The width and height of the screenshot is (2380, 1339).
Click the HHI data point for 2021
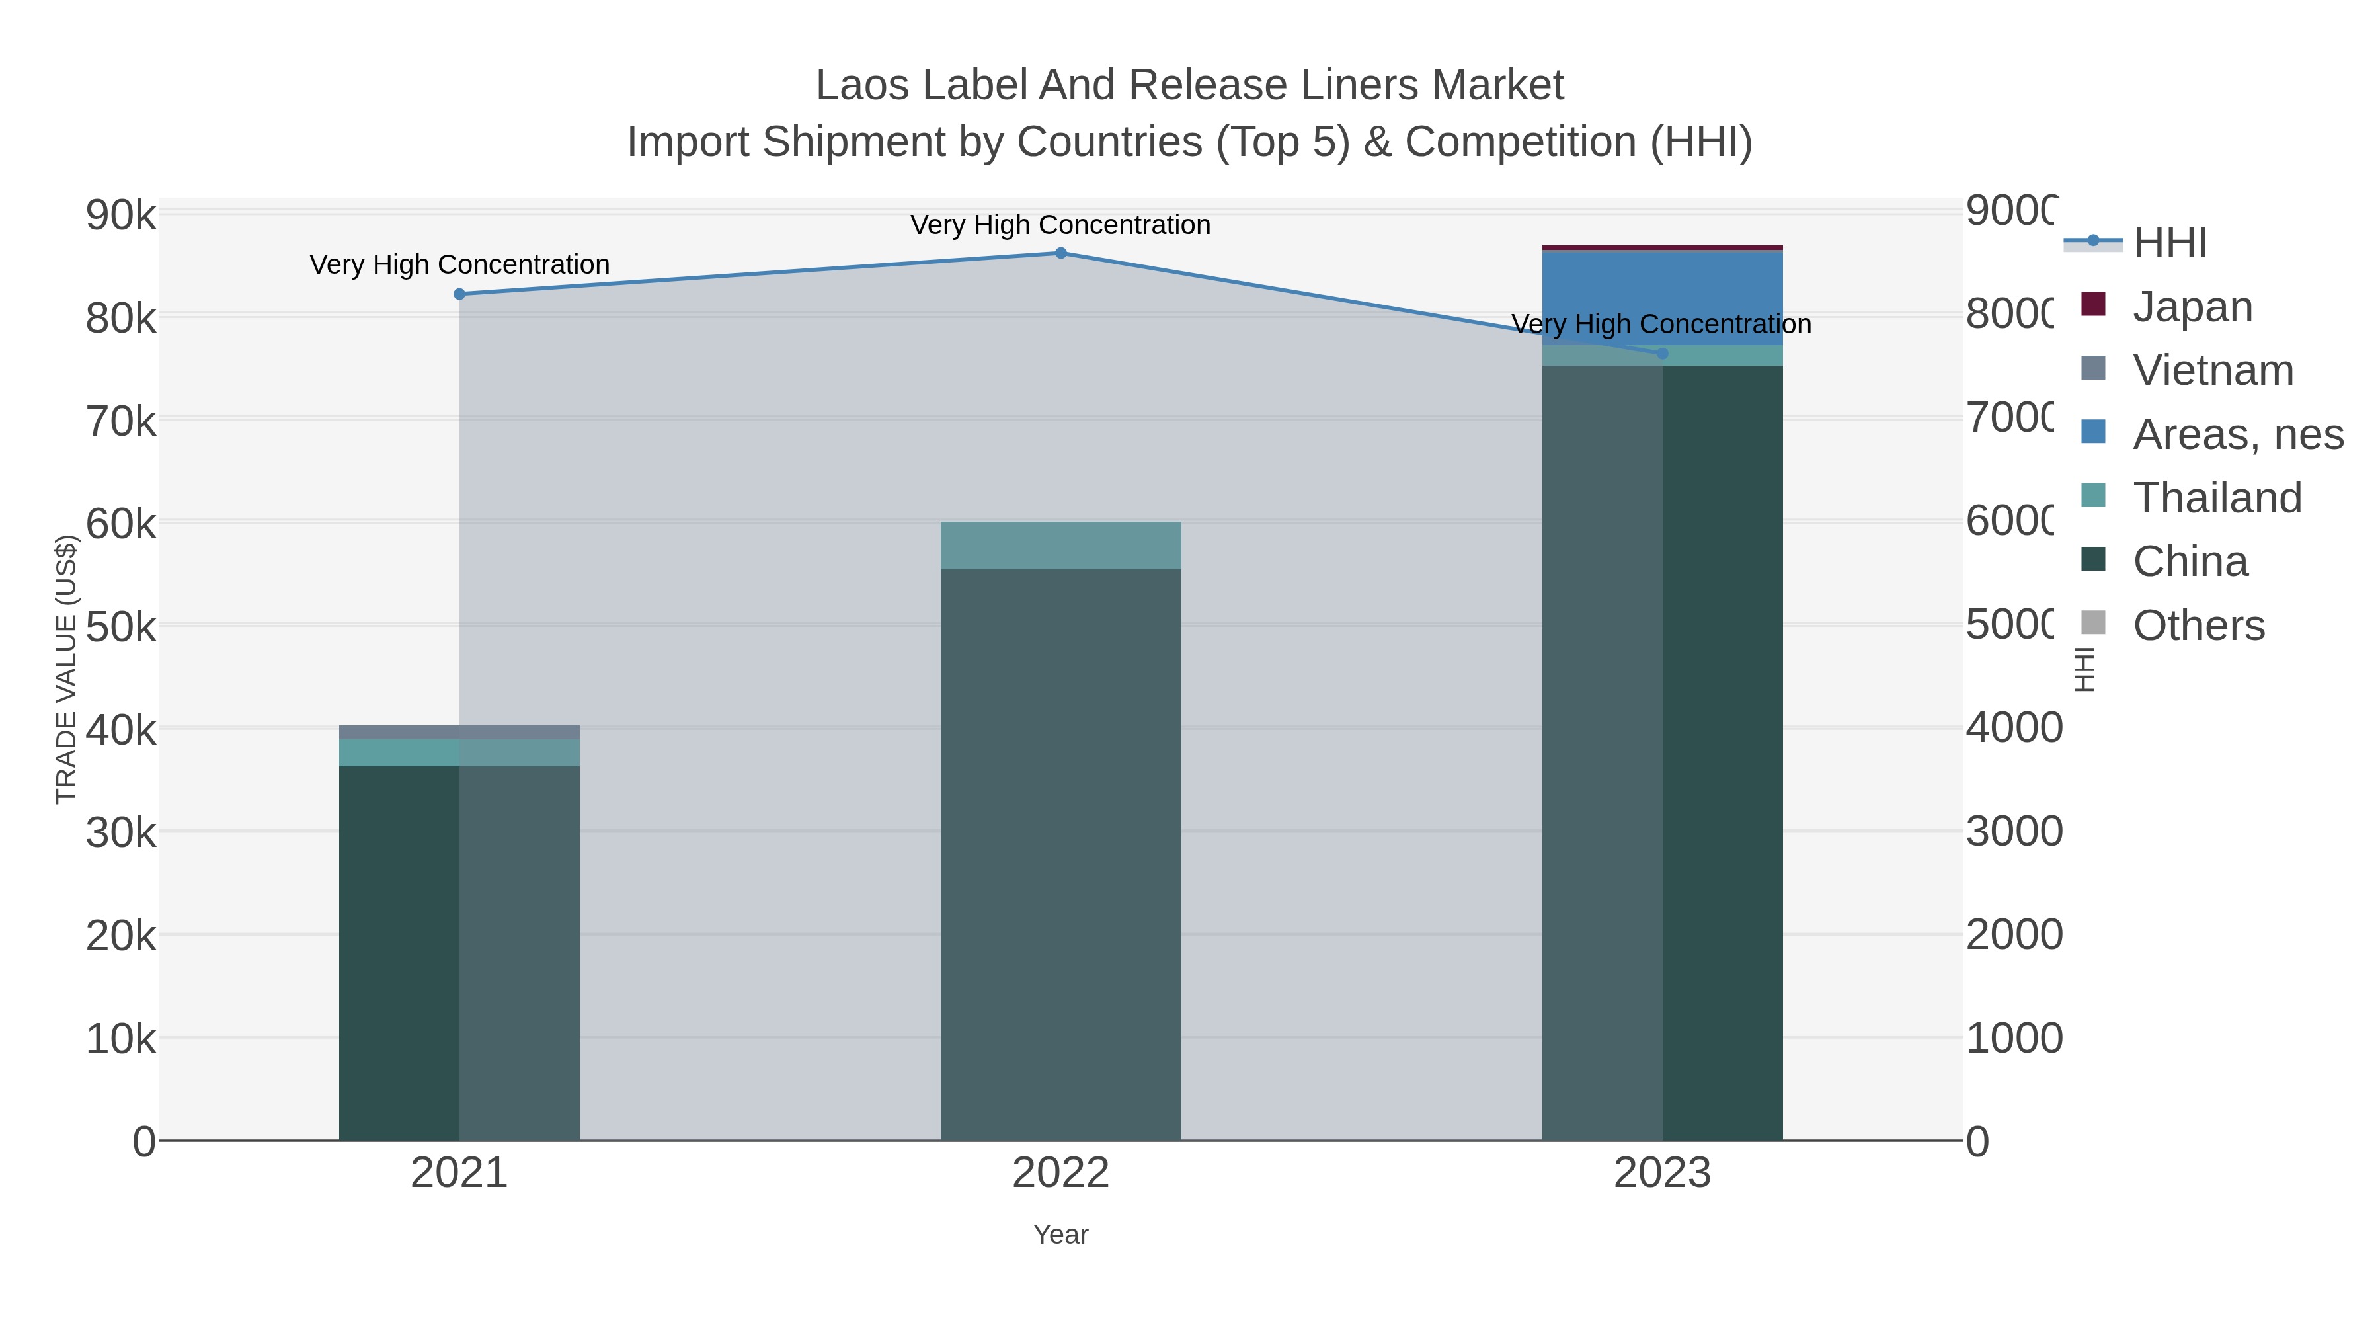(459, 294)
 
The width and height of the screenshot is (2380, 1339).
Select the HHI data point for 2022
(1060, 253)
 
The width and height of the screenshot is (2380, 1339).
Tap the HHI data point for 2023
(1662, 353)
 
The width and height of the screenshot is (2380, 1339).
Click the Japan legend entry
(2192, 307)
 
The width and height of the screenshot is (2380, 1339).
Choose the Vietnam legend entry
(2212, 370)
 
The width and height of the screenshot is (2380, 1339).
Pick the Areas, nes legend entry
(2237, 434)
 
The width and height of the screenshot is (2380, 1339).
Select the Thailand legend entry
(2217, 498)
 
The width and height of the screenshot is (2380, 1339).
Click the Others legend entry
(2198, 626)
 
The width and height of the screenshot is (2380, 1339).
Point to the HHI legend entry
(2169, 243)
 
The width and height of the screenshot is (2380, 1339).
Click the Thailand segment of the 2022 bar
(1060, 546)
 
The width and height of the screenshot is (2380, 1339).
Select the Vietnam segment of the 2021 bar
(459, 732)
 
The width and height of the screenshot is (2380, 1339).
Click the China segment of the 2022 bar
(1060, 850)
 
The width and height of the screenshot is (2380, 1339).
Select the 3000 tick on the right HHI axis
(2012, 832)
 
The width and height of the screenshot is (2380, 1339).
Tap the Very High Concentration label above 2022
(1060, 225)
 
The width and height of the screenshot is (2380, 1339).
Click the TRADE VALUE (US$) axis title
(67, 669)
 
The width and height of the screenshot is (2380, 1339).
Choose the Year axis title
(1060, 1235)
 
